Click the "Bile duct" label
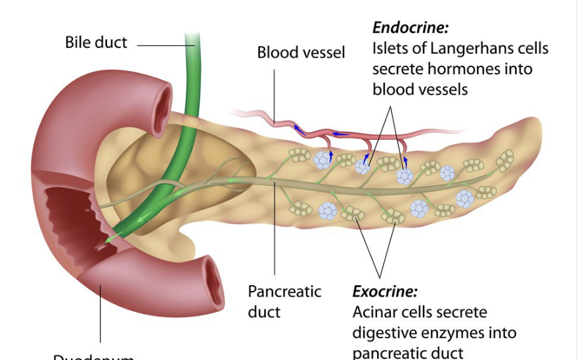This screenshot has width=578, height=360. [96, 43]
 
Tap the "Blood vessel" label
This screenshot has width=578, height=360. [301, 53]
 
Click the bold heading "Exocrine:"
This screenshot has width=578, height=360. [385, 292]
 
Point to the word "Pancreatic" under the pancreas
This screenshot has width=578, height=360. [284, 291]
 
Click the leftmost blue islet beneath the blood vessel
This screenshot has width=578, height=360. [322, 160]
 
